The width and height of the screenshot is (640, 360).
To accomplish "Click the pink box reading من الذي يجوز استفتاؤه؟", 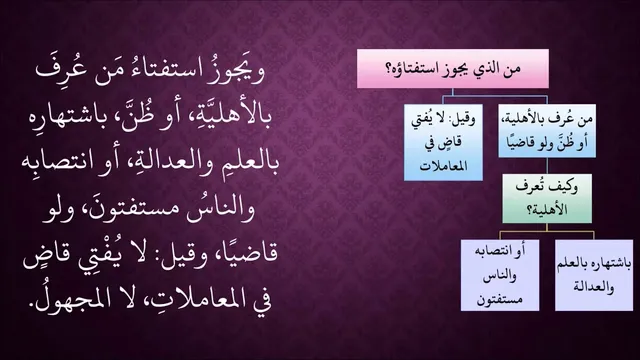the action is (x=453, y=69).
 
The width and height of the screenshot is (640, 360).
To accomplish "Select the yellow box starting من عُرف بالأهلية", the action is (x=547, y=131).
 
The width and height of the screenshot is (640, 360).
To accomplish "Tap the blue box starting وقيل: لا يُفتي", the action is (x=443, y=142).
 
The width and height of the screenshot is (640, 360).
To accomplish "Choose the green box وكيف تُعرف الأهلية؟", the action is (x=547, y=198).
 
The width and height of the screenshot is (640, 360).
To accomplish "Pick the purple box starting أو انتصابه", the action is (x=500, y=275).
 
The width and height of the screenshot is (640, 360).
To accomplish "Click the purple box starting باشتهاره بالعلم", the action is (x=594, y=275).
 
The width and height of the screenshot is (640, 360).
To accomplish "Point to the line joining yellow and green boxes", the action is (x=547, y=166).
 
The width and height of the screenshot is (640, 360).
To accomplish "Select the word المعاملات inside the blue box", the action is (x=443, y=167).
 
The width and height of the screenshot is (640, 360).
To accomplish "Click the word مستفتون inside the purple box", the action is (x=500, y=300).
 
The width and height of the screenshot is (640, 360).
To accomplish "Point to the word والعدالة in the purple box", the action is (x=594, y=287).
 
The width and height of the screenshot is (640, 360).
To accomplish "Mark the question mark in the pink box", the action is (x=389, y=69).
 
